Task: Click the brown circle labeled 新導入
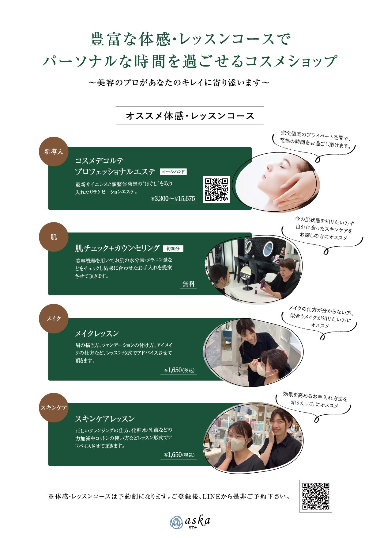pyautogui.click(x=54, y=152)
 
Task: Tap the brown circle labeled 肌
pyautogui.click(x=54, y=237)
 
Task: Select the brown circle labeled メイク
pyautogui.click(x=54, y=319)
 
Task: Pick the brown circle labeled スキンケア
pyautogui.click(x=54, y=408)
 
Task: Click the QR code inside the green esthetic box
pyautogui.click(x=216, y=189)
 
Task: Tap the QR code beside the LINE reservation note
pyautogui.click(x=316, y=496)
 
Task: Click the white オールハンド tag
pyautogui.click(x=173, y=172)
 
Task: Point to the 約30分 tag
pyautogui.click(x=173, y=248)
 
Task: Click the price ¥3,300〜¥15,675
pyautogui.click(x=173, y=199)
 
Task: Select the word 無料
pyautogui.click(x=189, y=284)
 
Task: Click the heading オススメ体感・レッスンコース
pyautogui.click(x=190, y=116)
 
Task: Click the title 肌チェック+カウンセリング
pyautogui.click(x=118, y=248)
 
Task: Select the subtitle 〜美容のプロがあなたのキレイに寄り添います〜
pyautogui.click(x=179, y=83)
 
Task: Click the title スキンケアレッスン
pyautogui.click(x=105, y=419)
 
